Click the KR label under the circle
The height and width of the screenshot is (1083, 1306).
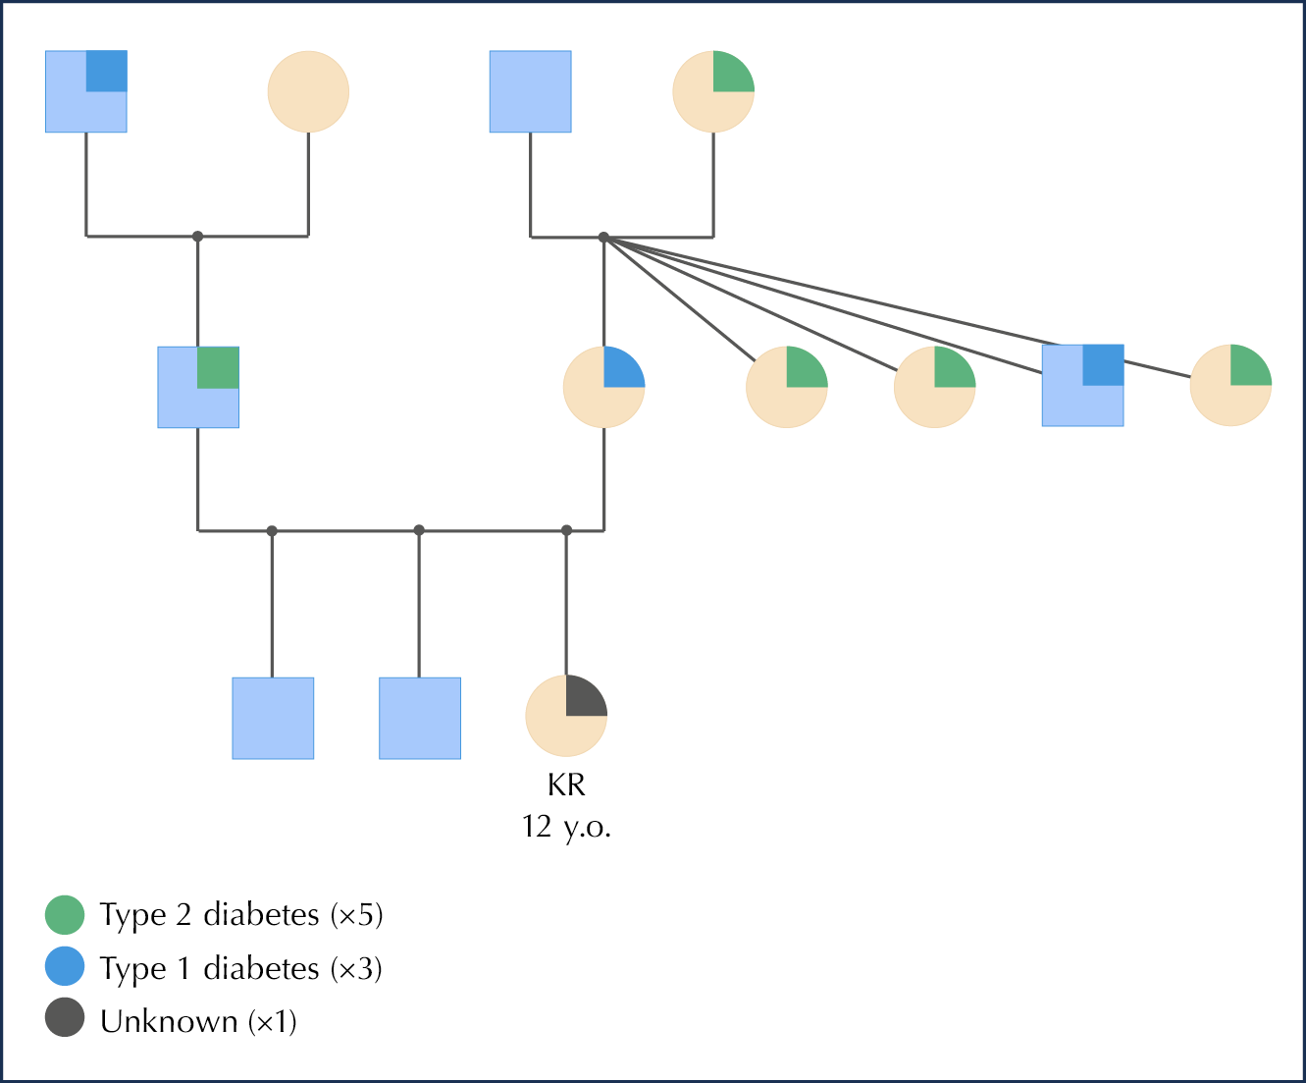coord(566,785)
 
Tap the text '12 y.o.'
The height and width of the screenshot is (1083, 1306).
coord(566,827)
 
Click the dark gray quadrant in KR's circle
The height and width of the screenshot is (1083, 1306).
coord(585,697)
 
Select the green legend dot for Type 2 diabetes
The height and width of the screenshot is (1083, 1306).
coord(65,914)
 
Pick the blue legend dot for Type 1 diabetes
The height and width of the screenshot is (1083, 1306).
coord(65,967)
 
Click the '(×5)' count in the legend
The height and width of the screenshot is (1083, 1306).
coord(356,914)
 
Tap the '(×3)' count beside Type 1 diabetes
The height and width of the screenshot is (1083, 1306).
coord(356,968)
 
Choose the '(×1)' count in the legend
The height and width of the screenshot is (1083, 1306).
coord(272,1021)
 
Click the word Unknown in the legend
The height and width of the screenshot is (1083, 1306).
coord(169,1021)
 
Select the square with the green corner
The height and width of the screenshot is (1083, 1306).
coord(198,387)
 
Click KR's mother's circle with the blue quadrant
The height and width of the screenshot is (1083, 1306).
coord(603,387)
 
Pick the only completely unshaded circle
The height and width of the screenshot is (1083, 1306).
coord(308,91)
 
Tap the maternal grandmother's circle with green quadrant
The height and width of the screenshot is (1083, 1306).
coord(713,91)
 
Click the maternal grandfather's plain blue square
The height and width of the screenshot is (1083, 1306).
coord(531,91)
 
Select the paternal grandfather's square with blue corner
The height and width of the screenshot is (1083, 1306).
coord(86,91)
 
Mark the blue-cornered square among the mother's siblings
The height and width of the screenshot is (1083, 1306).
coord(1082,385)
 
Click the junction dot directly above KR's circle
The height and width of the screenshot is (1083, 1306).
coord(566,530)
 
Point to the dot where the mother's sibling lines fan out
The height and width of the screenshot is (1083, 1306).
coord(603,237)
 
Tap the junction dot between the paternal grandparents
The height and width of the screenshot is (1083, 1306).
coord(197,236)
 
